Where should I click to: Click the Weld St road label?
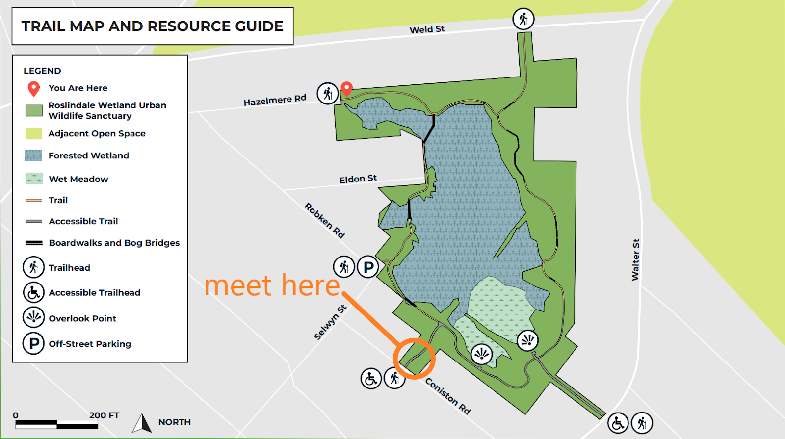click(427, 29)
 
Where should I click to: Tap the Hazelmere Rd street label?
click(275, 100)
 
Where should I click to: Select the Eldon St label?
click(358, 179)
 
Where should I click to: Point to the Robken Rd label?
click(324, 220)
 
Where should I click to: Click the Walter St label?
click(635, 259)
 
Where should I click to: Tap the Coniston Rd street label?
click(447, 396)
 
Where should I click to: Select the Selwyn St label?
click(330, 322)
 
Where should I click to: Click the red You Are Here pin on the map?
click(347, 89)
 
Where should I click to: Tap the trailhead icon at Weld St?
click(523, 19)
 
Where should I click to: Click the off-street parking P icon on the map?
click(368, 267)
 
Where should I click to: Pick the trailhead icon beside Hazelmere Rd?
click(327, 93)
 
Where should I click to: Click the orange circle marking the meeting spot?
click(414, 359)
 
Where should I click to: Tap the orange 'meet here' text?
click(272, 285)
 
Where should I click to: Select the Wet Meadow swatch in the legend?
click(34, 179)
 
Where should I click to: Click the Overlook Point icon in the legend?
click(33, 317)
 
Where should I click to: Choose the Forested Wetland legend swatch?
click(34, 155)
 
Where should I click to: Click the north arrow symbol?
click(142, 423)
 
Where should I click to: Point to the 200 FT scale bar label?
click(104, 415)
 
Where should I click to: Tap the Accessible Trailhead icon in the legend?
click(33, 292)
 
